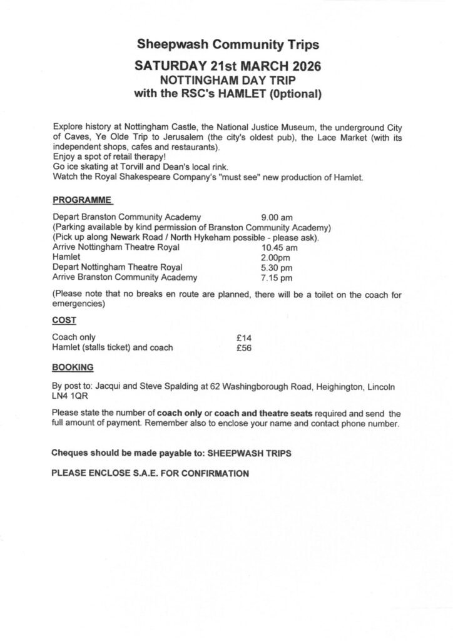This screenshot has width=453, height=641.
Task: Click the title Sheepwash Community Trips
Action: click(x=228, y=45)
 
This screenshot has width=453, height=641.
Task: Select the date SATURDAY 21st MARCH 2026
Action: click(x=228, y=67)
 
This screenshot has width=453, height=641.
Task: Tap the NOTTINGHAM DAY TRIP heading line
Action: click(x=228, y=81)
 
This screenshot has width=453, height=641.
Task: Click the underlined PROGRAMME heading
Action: click(x=82, y=200)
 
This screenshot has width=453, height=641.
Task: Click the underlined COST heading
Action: click(x=64, y=320)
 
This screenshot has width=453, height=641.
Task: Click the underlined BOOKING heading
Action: click(x=73, y=367)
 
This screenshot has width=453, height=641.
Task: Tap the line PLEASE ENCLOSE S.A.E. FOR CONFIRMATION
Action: click(x=150, y=473)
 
